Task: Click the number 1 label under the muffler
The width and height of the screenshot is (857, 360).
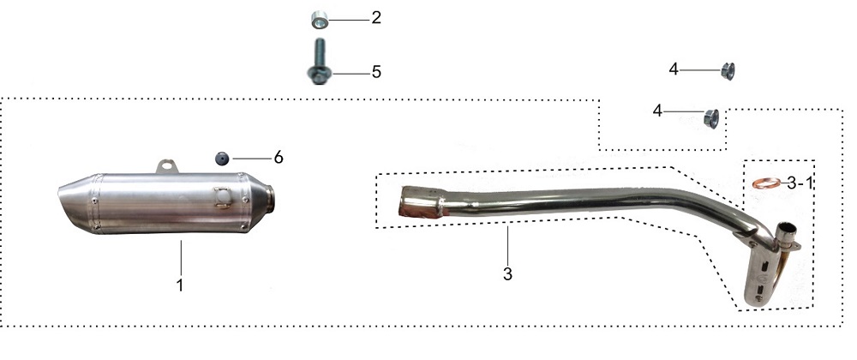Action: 180,285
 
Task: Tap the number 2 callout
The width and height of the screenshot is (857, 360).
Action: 376,17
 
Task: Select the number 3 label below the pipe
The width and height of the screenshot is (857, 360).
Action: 507,274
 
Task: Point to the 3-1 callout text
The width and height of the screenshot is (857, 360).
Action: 800,183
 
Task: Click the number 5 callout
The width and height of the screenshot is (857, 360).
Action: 376,72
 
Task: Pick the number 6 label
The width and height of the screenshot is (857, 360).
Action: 279,158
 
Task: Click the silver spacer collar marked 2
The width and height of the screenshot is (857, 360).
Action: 320,21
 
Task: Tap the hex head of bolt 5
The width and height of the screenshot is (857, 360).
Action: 318,75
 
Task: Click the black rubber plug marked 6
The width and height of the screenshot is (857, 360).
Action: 221,159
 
